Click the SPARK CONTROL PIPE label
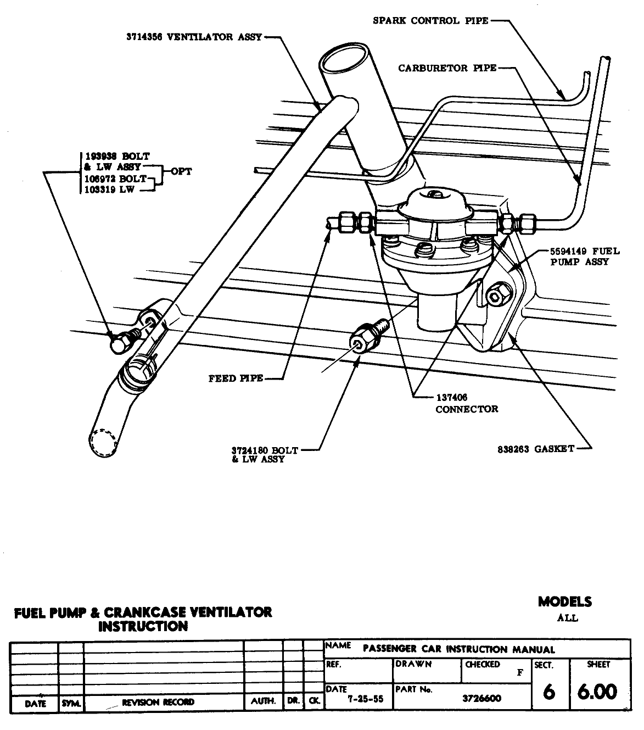pos(430,21)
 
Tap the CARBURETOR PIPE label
pos(447,68)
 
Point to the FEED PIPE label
pos(236,378)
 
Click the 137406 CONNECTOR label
pos(466,403)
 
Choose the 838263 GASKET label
pos(535,449)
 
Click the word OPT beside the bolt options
pos(181,171)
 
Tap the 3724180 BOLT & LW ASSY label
pos(265,454)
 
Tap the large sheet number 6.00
pos(597,692)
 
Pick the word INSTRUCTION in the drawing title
pos(143,626)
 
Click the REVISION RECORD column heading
pos(158,702)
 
